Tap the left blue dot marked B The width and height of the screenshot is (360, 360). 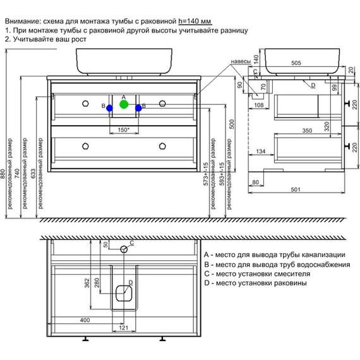pyautogui.click(x=110, y=108)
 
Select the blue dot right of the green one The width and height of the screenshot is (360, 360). pyautogui.click(x=138, y=108)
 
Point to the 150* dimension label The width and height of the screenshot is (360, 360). pyautogui.click(x=124, y=130)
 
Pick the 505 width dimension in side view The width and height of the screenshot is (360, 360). pyautogui.click(x=294, y=63)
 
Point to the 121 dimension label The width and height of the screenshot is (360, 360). pyautogui.click(x=124, y=328)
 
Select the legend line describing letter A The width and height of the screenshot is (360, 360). pyautogui.click(x=272, y=253)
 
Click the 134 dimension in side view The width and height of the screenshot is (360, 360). pyautogui.click(x=260, y=152)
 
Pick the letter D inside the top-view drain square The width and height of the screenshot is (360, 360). pyautogui.click(x=130, y=282)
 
